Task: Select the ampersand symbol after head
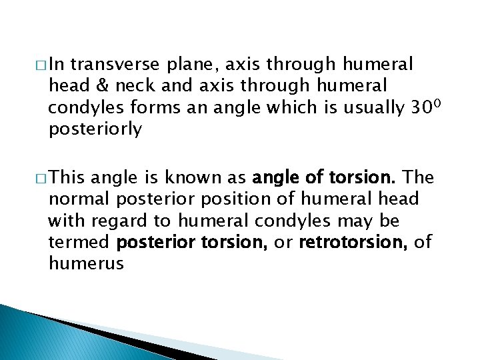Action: click(x=94, y=86)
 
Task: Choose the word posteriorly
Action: click(x=95, y=130)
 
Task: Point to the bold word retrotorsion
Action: click(x=354, y=242)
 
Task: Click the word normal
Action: click(x=78, y=199)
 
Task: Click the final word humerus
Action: click(x=86, y=264)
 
